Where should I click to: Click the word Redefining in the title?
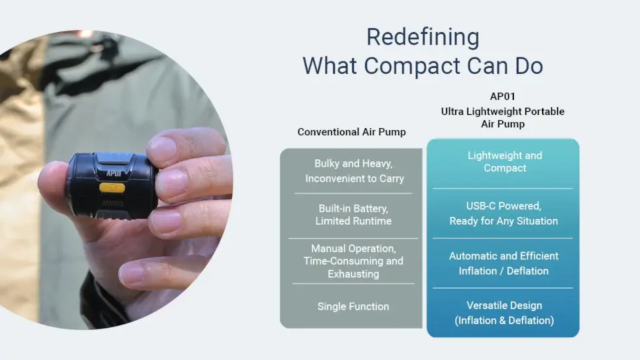coord(423,37)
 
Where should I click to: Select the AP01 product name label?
coord(502,97)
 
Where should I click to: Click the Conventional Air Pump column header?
coord(351,132)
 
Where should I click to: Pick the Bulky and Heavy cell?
coord(354,171)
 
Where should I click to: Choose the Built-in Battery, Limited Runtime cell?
coord(353,215)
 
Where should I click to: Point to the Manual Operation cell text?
coord(353,261)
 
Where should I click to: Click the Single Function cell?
coord(353,306)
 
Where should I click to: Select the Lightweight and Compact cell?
coord(505,161)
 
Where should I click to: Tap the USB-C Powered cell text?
coord(504,214)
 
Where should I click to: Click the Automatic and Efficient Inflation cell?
coord(504,263)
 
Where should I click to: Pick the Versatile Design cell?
coord(504,313)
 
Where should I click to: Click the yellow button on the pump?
coord(112,188)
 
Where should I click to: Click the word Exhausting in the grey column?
coord(353,274)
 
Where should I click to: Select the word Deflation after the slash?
coord(528,271)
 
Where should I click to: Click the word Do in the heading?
coord(529,66)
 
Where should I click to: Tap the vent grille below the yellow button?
coord(112,203)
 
